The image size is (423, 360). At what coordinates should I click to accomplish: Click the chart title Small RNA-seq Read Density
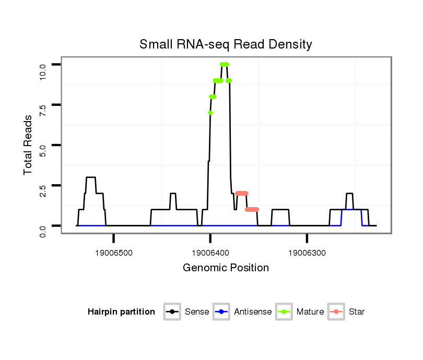click(226, 44)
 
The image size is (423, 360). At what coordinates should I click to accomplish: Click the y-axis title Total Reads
click(28, 145)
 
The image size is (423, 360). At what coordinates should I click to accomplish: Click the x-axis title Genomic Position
click(226, 268)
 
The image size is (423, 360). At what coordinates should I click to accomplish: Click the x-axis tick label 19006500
click(113, 253)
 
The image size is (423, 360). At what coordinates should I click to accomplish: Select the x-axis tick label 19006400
click(210, 253)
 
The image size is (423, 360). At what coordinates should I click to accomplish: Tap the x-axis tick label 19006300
click(307, 253)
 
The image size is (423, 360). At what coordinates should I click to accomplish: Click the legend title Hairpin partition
click(121, 312)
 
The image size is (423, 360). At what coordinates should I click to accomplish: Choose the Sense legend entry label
click(197, 312)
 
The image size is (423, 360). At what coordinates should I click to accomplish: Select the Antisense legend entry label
click(253, 312)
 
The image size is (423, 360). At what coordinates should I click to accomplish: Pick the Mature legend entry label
click(310, 312)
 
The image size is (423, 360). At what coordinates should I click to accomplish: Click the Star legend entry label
click(357, 312)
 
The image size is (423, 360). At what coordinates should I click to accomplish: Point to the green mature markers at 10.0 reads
click(225, 64)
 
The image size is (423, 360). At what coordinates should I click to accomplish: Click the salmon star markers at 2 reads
click(241, 193)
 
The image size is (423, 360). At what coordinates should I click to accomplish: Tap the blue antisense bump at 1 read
click(351, 209)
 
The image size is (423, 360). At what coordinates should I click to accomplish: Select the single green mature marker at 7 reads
click(210, 113)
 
